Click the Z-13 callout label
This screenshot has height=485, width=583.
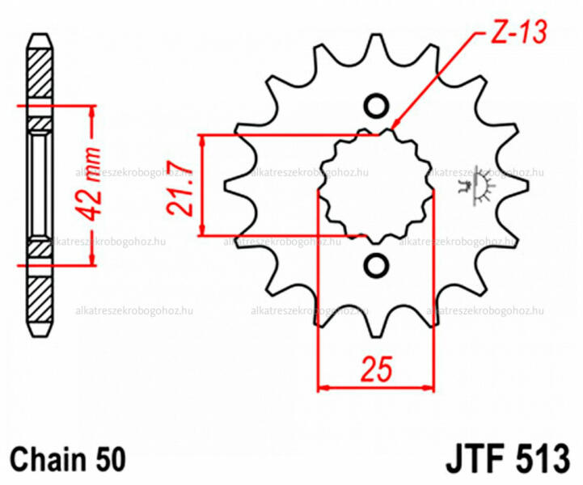pos(519,32)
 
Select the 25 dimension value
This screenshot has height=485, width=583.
pos(376,369)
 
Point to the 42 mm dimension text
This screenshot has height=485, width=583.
pos(88,184)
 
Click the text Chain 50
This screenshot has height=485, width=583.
pos(68,459)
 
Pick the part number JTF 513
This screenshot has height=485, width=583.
pos(507,459)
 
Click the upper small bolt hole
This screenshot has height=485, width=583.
pos(376,106)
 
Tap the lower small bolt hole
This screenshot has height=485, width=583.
pos(376,265)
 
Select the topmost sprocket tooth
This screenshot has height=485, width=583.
pos(376,48)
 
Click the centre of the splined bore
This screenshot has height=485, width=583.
pos(376,186)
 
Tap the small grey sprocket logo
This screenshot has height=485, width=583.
pos(475,186)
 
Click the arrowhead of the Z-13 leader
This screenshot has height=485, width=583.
pos(396,124)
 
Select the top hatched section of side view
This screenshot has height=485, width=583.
pos(40,74)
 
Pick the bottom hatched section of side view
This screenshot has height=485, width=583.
pos(40,300)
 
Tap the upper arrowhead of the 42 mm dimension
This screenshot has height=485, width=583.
pos(91,112)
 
